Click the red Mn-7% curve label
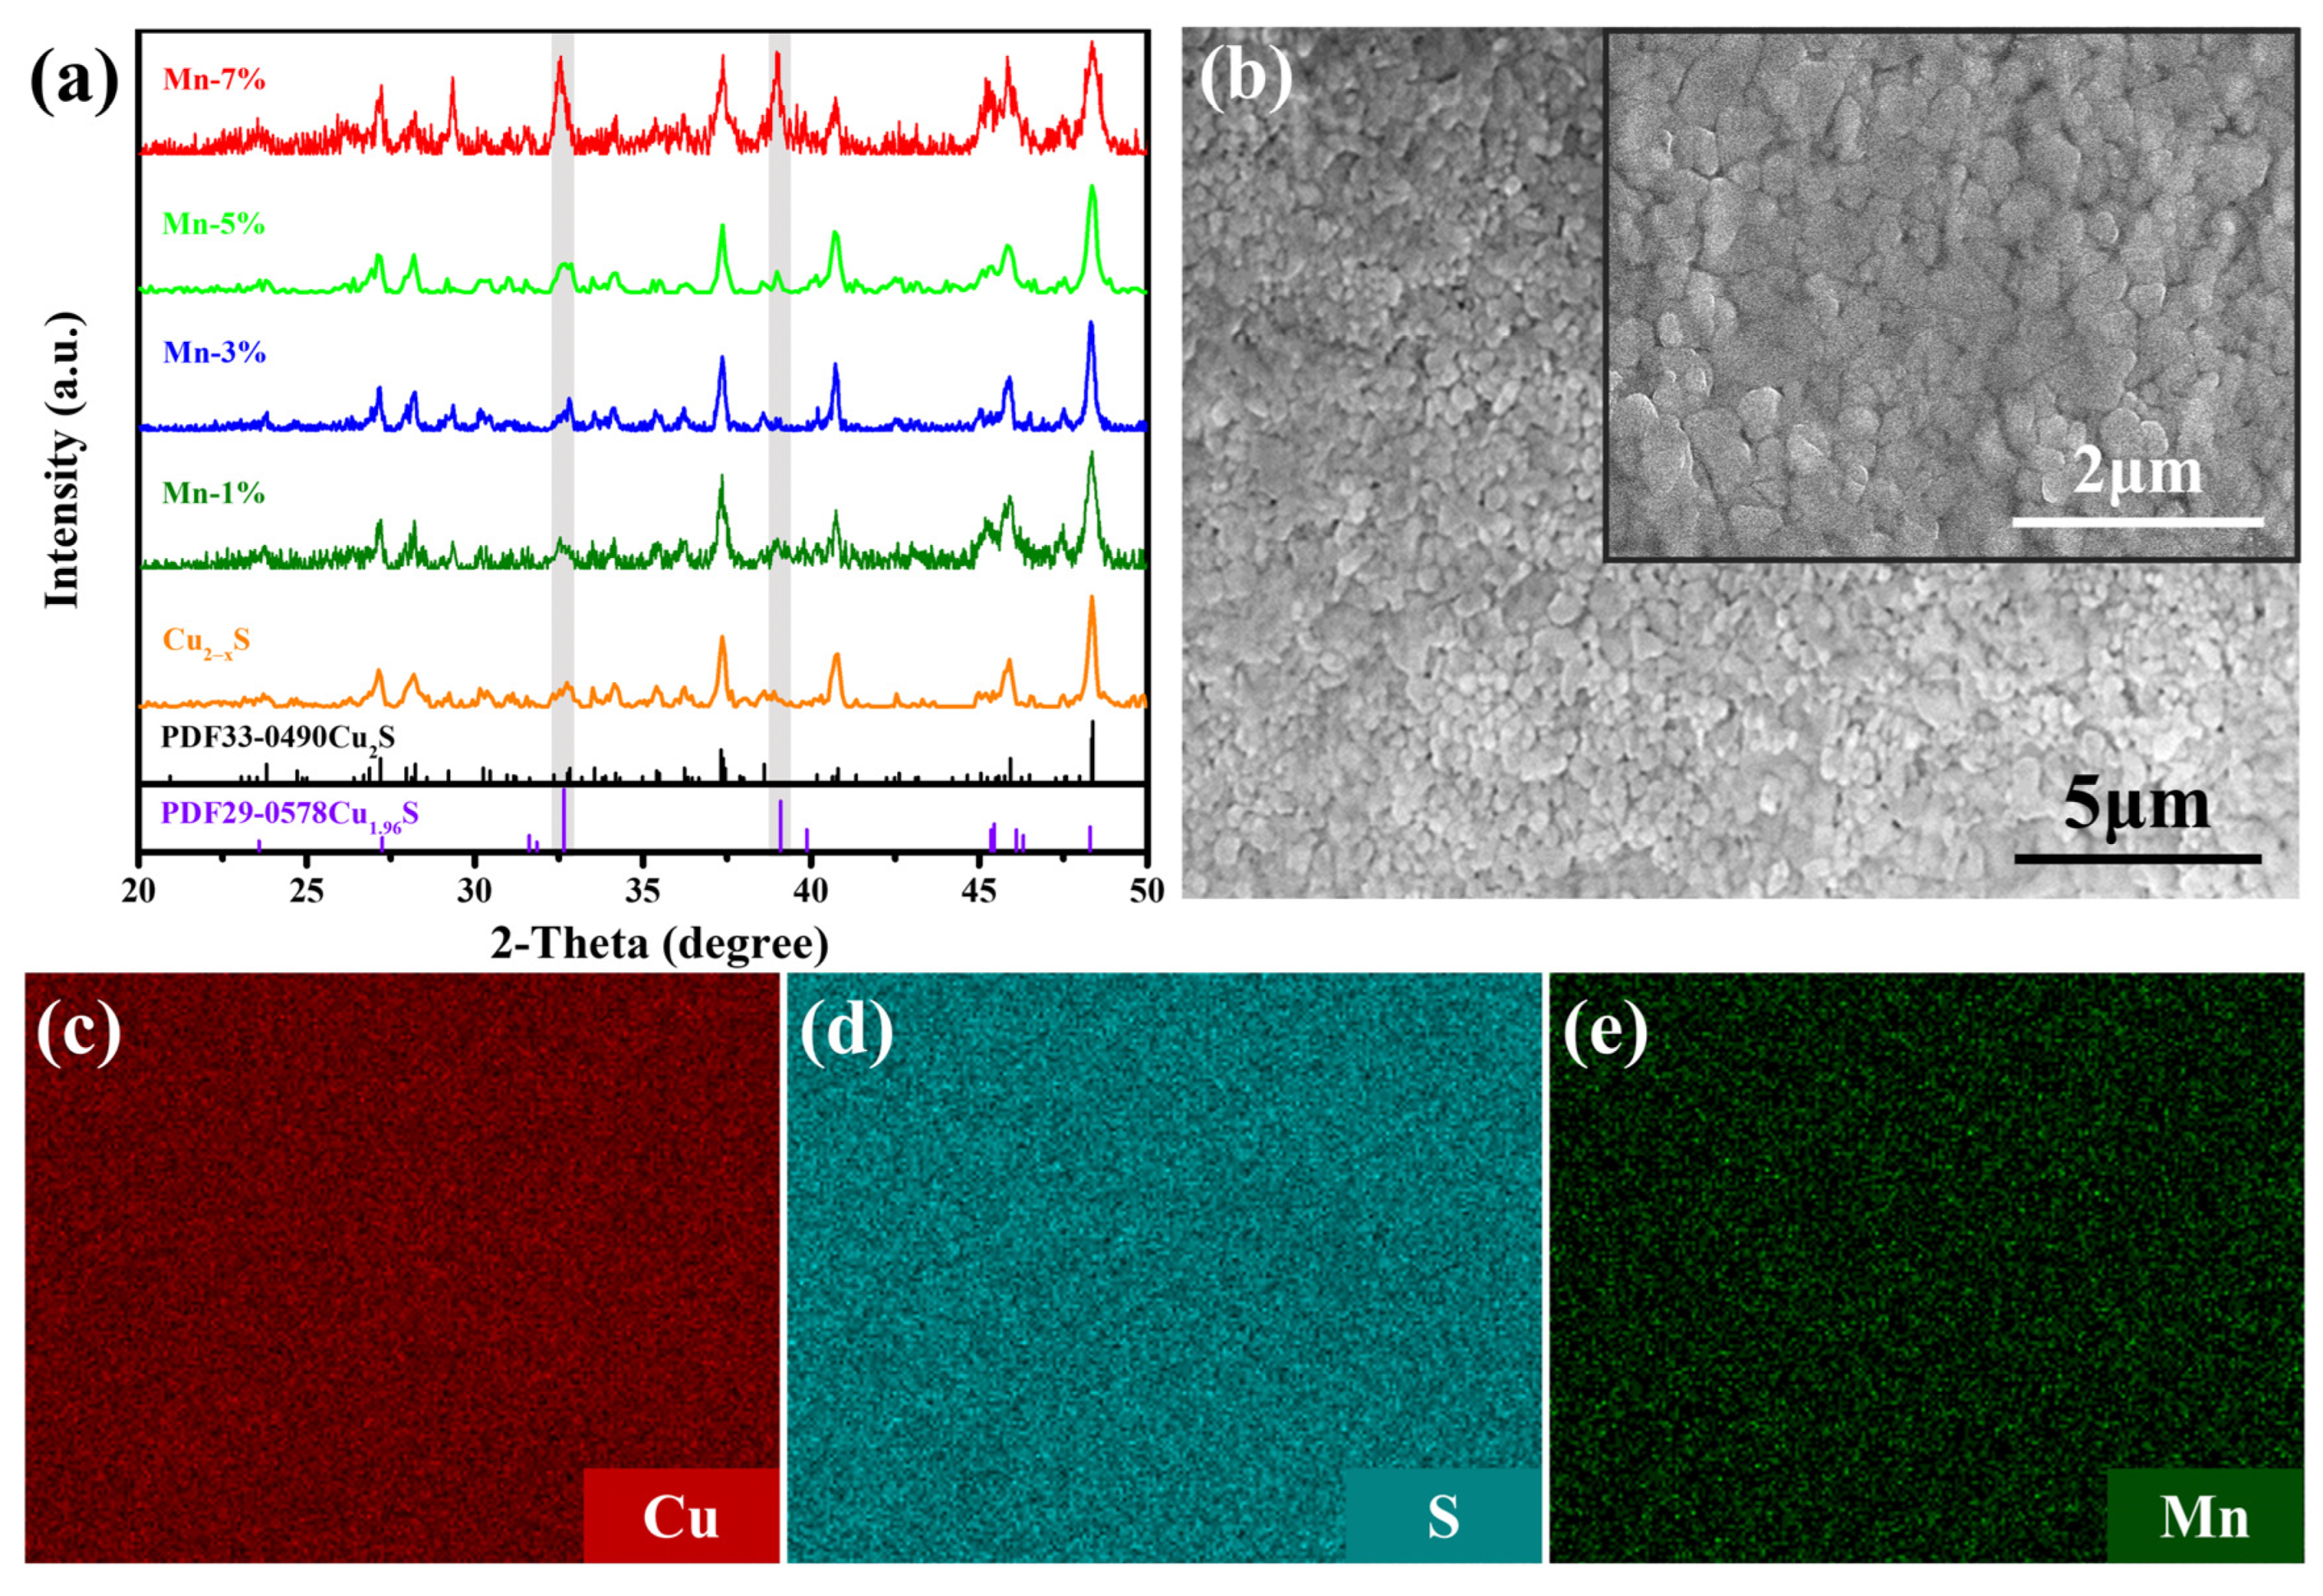pyautogui.click(x=214, y=79)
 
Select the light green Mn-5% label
pyautogui.click(x=214, y=224)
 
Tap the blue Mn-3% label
pyautogui.click(x=214, y=352)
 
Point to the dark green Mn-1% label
pyautogui.click(x=214, y=493)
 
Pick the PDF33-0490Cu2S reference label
pyautogui.click(x=278, y=738)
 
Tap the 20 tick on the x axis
pyautogui.click(x=139, y=890)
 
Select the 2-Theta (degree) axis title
pyautogui.click(x=660, y=943)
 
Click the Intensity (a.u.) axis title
pyautogui.click(x=62, y=460)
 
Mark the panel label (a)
pyautogui.click(x=74, y=80)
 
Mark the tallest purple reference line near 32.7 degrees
pyautogui.click(x=565, y=820)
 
